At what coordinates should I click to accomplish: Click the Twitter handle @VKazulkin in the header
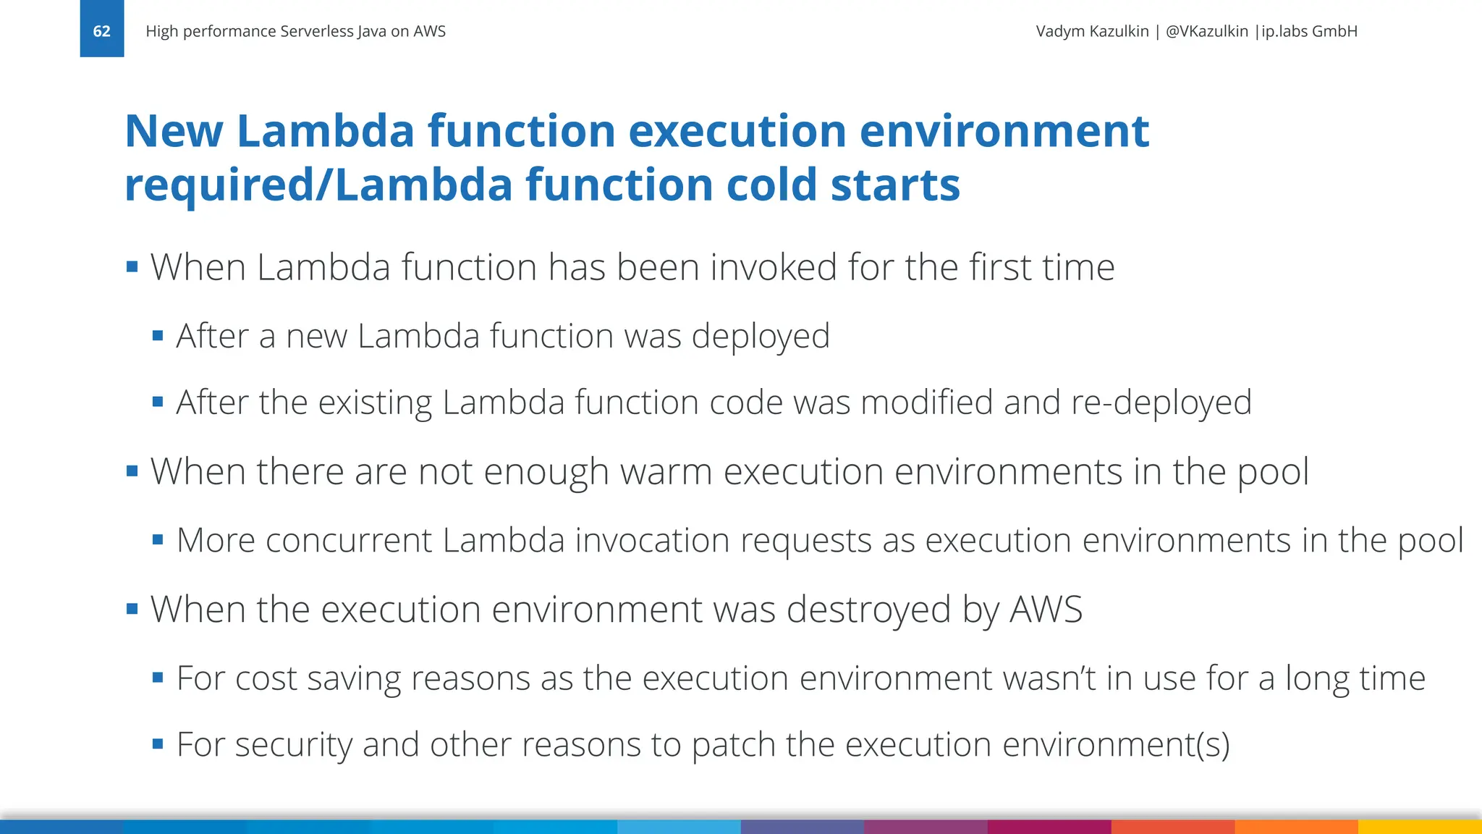[x=1206, y=31]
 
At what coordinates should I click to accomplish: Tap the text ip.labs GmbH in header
[x=1309, y=31]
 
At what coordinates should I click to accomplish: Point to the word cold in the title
[x=771, y=185]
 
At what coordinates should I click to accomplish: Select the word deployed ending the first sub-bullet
[x=760, y=336]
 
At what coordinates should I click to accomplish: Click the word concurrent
[x=349, y=541]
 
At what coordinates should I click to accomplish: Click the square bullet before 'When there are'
[x=132, y=471]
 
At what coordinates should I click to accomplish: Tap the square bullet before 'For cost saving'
[x=158, y=678]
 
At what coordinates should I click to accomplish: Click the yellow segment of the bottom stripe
[x=1420, y=827]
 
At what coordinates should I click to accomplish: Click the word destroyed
[x=868, y=610]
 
